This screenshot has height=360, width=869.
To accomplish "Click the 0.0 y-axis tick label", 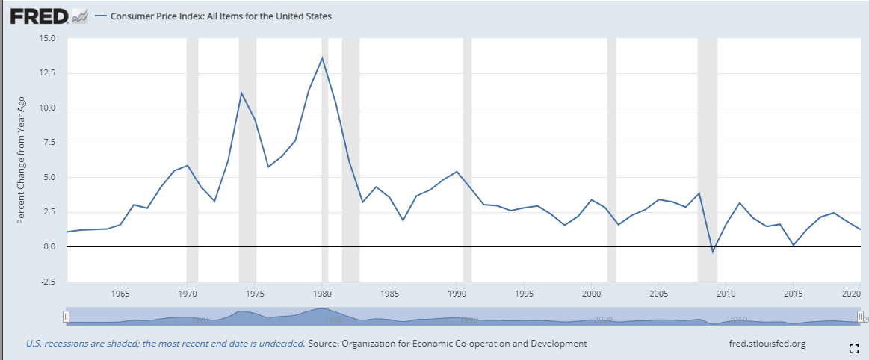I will click(49, 247).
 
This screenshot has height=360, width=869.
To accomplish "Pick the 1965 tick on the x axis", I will click(121, 294).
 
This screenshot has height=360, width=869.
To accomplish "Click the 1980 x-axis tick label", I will click(322, 294).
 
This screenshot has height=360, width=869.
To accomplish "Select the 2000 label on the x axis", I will click(591, 294).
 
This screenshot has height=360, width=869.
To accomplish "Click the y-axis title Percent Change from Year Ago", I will click(22, 160).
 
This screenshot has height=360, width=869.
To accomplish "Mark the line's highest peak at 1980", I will click(322, 58).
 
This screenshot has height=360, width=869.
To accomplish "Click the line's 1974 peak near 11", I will click(241, 93).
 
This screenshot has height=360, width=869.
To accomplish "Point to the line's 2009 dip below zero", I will click(712, 252).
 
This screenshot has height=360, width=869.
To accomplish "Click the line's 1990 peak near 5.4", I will click(457, 172).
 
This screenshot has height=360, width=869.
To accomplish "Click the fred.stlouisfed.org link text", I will click(766, 344).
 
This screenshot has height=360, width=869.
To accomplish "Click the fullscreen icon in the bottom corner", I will click(853, 348).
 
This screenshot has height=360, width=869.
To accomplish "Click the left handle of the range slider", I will click(67, 317).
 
